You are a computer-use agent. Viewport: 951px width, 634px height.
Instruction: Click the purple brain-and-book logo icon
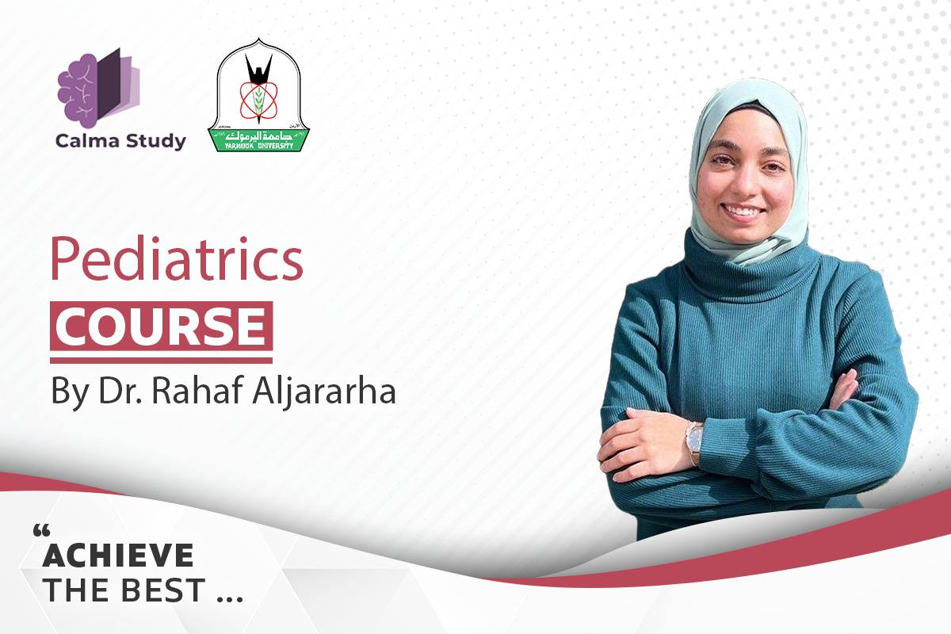pos(98,88)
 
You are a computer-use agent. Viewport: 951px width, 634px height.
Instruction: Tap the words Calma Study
pos(120,141)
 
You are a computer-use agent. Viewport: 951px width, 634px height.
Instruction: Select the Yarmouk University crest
pos(258,95)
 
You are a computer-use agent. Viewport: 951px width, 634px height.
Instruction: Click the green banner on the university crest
pos(258,140)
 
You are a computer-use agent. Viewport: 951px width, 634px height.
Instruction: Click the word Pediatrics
pos(177,258)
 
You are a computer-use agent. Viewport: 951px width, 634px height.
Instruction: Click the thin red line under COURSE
pos(162,361)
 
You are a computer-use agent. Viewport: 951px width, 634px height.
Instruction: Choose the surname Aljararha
pos(324,392)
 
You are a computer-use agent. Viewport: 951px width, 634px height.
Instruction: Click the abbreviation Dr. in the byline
pos(120,391)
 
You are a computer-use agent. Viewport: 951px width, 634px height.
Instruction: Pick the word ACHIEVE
pos(118,555)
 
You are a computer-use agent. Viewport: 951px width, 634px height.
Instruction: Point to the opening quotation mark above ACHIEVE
pos(41,530)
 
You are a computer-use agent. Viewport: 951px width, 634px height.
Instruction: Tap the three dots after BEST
pos(230,599)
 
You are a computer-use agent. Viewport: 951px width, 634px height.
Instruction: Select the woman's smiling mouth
pos(743,211)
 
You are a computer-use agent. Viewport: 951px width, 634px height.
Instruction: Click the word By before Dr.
pos(71,393)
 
